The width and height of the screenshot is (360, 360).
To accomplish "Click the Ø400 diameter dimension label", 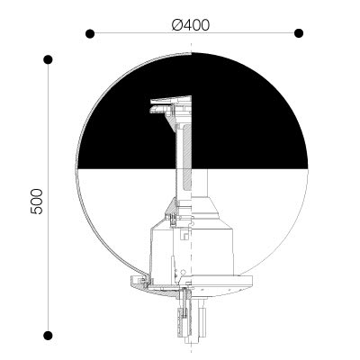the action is point(191,25).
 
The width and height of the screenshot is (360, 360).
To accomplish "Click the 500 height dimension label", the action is point(37,202).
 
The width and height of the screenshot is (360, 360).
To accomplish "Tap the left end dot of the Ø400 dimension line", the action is point(90,33).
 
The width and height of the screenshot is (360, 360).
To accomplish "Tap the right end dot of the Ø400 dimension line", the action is point(299,33).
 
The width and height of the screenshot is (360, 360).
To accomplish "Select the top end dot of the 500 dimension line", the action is point(48,59).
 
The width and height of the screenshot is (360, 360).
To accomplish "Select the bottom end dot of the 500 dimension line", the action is point(48,336).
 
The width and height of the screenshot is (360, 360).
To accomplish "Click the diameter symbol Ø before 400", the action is point(177,25).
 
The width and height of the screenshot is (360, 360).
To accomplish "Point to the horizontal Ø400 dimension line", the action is point(194,33).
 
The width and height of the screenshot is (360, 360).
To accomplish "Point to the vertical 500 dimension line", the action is point(49,197).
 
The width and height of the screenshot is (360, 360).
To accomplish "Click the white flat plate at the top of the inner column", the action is point(171,100).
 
